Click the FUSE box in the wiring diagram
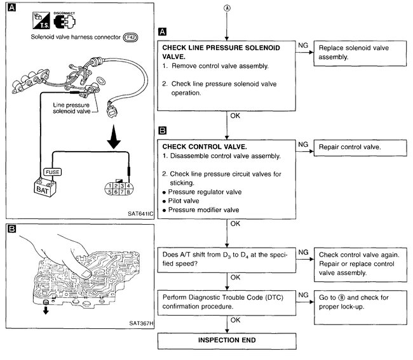tap(53, 171)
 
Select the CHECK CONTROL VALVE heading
tap(202, 145)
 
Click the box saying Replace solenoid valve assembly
tap(358, 53)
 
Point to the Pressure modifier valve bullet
tap(201, 209)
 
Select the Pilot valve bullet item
tap(184, 199)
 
